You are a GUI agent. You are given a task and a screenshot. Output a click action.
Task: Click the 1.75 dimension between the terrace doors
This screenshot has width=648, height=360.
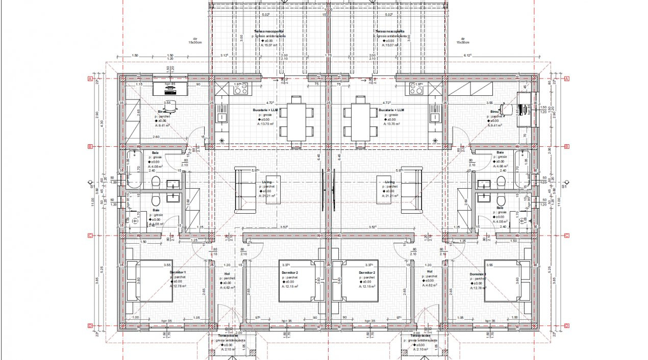[x=328, y=55]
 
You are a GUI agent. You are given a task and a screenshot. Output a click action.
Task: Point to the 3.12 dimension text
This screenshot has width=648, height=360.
[x=224, y=55]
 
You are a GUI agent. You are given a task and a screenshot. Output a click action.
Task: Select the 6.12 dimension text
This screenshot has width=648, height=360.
[x=467, y=55]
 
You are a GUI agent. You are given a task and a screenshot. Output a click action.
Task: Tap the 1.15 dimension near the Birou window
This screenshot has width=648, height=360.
[x=139, y=85]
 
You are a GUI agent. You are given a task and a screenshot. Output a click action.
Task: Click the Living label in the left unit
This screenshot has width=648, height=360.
[x=267, y=182]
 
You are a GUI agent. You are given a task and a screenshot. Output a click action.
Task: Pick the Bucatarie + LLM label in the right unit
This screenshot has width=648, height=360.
[x=391, y=110]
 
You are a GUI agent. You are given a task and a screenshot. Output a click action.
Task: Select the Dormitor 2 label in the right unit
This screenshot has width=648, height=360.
[x=366, y=273]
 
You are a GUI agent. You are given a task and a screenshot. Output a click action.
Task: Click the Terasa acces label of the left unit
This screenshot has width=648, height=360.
[x=228, y=336]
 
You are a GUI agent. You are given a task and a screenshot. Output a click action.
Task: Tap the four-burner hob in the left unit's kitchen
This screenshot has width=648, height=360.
[x=240, y=90]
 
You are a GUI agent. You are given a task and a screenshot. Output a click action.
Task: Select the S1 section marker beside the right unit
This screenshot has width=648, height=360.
[x=564, y=187]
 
